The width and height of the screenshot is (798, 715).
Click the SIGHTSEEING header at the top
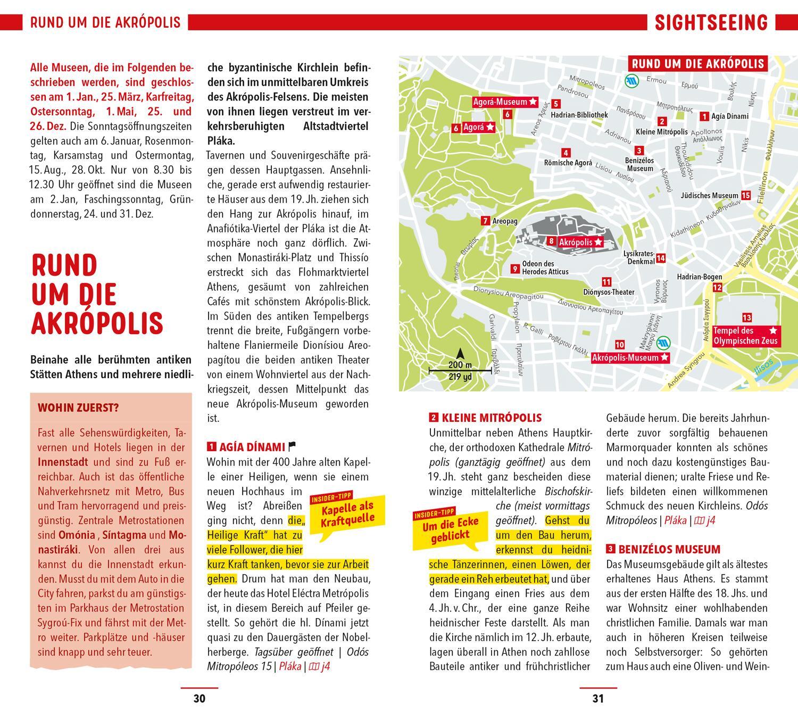pyautogui.click(x=711, y=23)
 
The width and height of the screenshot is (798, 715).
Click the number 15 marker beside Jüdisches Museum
pyautogui.click(x=746, y=196)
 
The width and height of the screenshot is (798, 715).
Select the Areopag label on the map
pyautogui.click(x=504, y=221)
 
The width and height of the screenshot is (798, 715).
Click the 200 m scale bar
pyautogui.click(x=460, y=369)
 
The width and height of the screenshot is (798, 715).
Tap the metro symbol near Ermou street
pyautogui.click(x=632, y=81)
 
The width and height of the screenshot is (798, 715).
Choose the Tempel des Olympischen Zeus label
pyautogui.click(x=745, y=336)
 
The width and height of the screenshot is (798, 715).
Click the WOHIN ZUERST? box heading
pyautogui.click(x=78, y=409)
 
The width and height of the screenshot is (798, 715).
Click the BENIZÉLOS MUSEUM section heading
pyautogui.click(x=669, y=550)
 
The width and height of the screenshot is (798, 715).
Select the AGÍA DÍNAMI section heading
pyautogui.click(x=252, y=447)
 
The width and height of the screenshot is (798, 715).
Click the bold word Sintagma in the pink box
pyautogui.click(x=124, y=535)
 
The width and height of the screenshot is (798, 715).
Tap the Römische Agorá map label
pyautogui.click(x=568, y=163)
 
